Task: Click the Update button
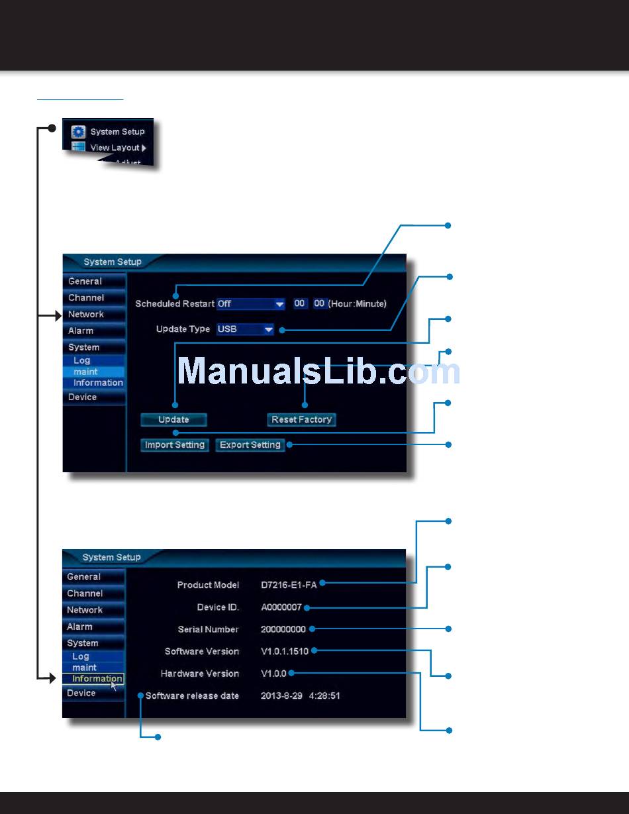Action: tap(173, 419)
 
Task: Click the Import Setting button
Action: tap(175, 445)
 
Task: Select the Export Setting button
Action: tap(250, 445)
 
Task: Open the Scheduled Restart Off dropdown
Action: tap(251, 303)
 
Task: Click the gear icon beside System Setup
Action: tap(79, 132)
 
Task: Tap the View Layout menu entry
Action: tap(115, 148)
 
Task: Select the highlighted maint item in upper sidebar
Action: tap(86, 372)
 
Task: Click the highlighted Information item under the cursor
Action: tap(97, 679)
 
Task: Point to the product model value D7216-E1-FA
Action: tap(289, 585)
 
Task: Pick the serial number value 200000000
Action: tap(283, 629)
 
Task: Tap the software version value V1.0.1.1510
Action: tap(285, 651)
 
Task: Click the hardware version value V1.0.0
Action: tap(273, 674)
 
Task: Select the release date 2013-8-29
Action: tap(281, 696)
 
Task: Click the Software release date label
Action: tap(192, 696)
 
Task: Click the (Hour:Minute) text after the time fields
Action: tap(357, 303)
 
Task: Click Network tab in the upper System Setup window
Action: tap(86, 315)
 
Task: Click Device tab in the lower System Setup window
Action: tap(81, 693)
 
